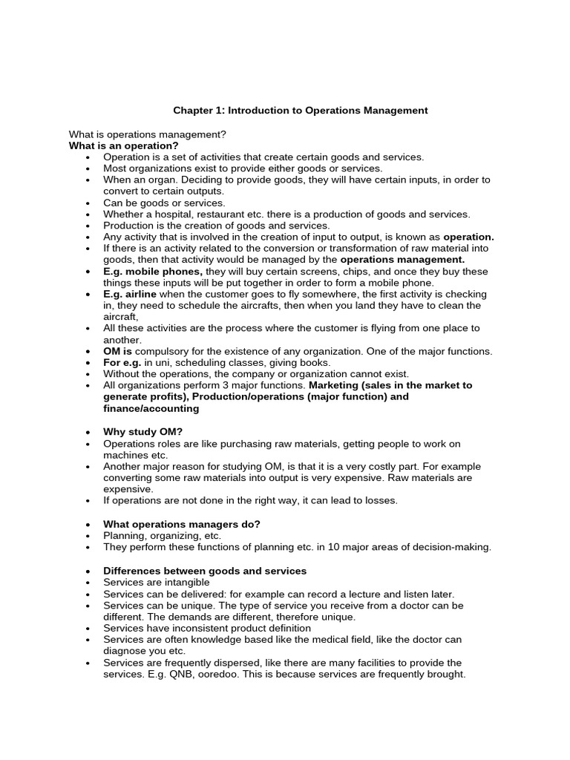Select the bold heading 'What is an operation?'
point(124,145)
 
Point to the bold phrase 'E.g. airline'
point(130,295)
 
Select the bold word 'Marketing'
point(332,386)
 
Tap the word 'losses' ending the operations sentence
point(381,501)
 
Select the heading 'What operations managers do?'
point(182,524)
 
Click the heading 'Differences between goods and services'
point(205,571)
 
